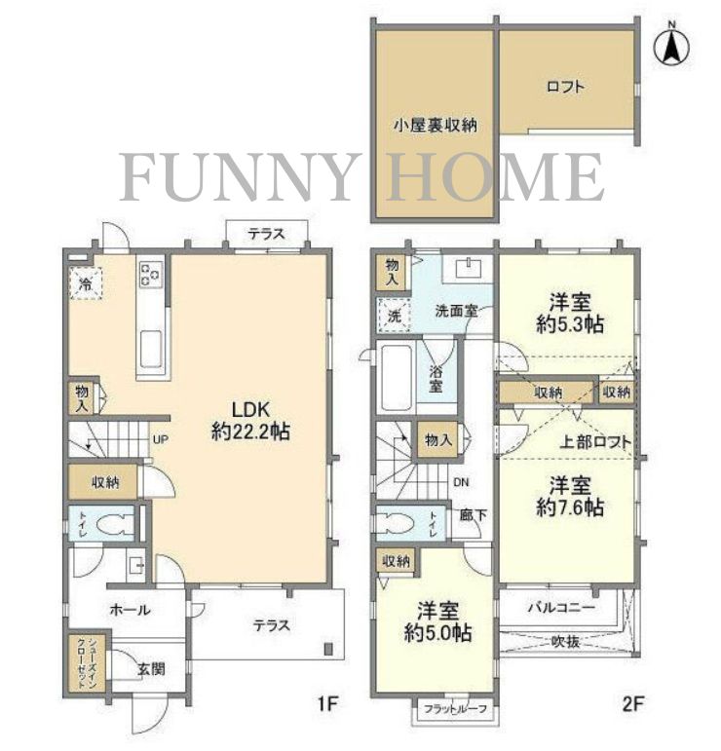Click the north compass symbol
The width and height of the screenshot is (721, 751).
pyautogui.click(x=672, y=45)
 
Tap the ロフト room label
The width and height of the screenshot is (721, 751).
pyautogui.click(x=564, y=87)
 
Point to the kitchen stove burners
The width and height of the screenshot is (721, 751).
pyautogui.click(x=151, y=276)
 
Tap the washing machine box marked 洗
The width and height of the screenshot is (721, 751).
pyautogui.click(x=395, y=316)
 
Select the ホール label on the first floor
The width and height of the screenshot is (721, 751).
pyautogui.click(x=130, y=611)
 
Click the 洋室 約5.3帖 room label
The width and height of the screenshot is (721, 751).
pyautogui.click(x=569, y=313)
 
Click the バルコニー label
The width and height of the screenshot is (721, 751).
pyautogui.click(x=562, y=607)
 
